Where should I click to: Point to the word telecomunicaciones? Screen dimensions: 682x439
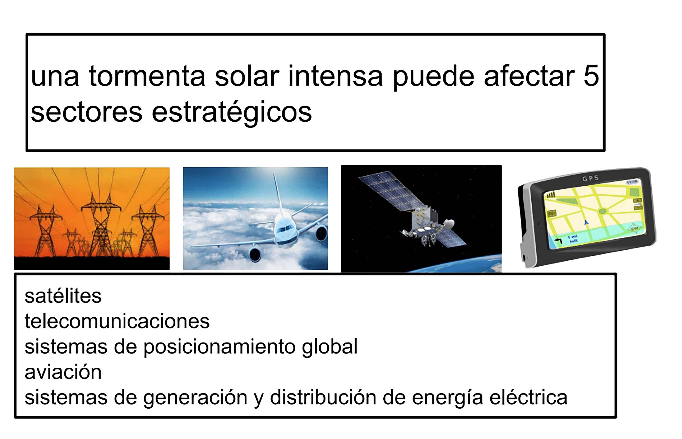click(x=117, y=321)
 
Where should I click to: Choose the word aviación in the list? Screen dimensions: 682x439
click(x=63, y=372)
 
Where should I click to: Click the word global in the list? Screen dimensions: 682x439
click(x=330, y=347)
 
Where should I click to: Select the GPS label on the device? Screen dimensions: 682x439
click(x=590, y=179)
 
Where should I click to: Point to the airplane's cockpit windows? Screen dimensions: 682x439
click(x=285, y=228)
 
